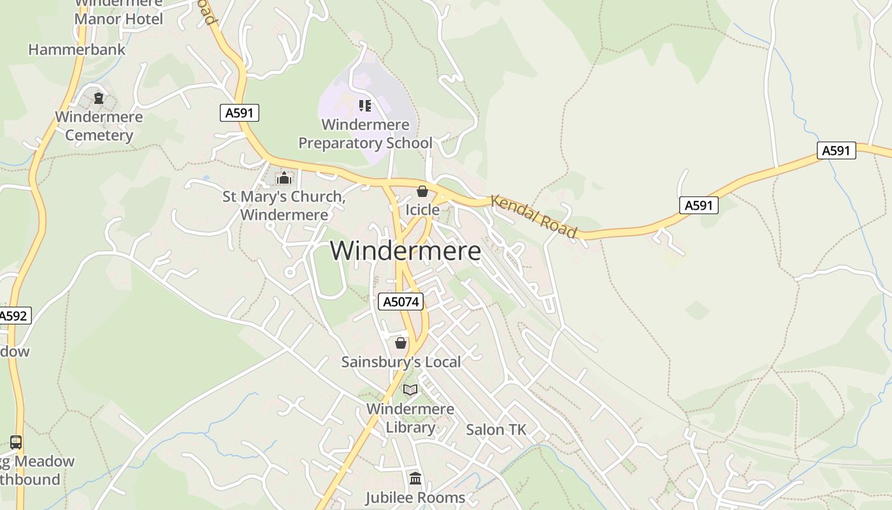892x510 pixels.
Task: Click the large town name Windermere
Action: tap(405, 251)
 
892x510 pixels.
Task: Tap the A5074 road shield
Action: tap(401, 302)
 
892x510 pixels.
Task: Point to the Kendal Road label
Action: tap(534, 217)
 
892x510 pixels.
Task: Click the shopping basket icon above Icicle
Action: tap(422, 191)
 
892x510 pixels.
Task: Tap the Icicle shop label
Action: tap(422, 210)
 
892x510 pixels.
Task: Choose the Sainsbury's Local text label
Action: tap(401, 362)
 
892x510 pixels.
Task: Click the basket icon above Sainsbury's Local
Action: tap(401, 344)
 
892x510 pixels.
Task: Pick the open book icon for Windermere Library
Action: tap(410, 390)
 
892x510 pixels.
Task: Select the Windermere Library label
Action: tap(410, 418)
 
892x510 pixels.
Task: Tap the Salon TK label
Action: tap(496, 430)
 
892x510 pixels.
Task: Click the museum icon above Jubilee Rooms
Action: tap(415, 478)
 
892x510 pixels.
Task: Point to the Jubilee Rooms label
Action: tap(415, 497)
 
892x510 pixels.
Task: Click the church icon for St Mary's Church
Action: tap(284, 178)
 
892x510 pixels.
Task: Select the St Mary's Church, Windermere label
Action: tap(284, 205)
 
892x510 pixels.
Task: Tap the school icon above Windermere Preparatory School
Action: tap(364, 105)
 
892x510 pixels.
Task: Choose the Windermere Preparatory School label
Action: tap(365, 134)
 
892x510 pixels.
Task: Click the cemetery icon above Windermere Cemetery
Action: tap(99, 98)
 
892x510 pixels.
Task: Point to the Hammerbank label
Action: tap(77, 49)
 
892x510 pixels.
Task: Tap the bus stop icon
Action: tap(16, 442)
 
